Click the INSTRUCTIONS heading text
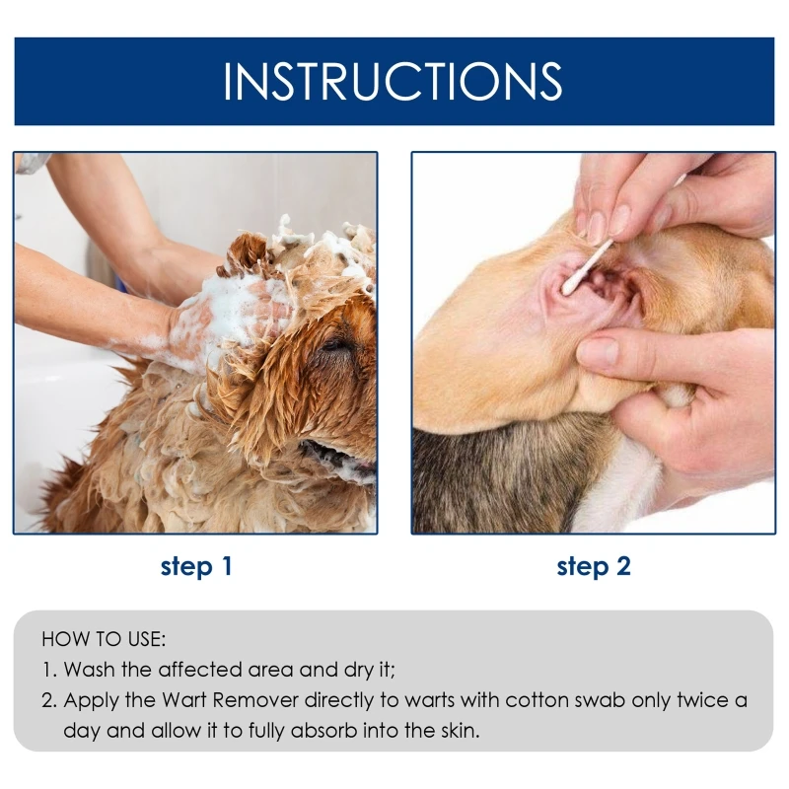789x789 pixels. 393,81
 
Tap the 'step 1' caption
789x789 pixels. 196,566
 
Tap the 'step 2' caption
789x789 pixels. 594,566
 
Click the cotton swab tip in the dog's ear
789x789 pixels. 570,286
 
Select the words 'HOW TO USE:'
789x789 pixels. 104,639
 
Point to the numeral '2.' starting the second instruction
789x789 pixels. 49,700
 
